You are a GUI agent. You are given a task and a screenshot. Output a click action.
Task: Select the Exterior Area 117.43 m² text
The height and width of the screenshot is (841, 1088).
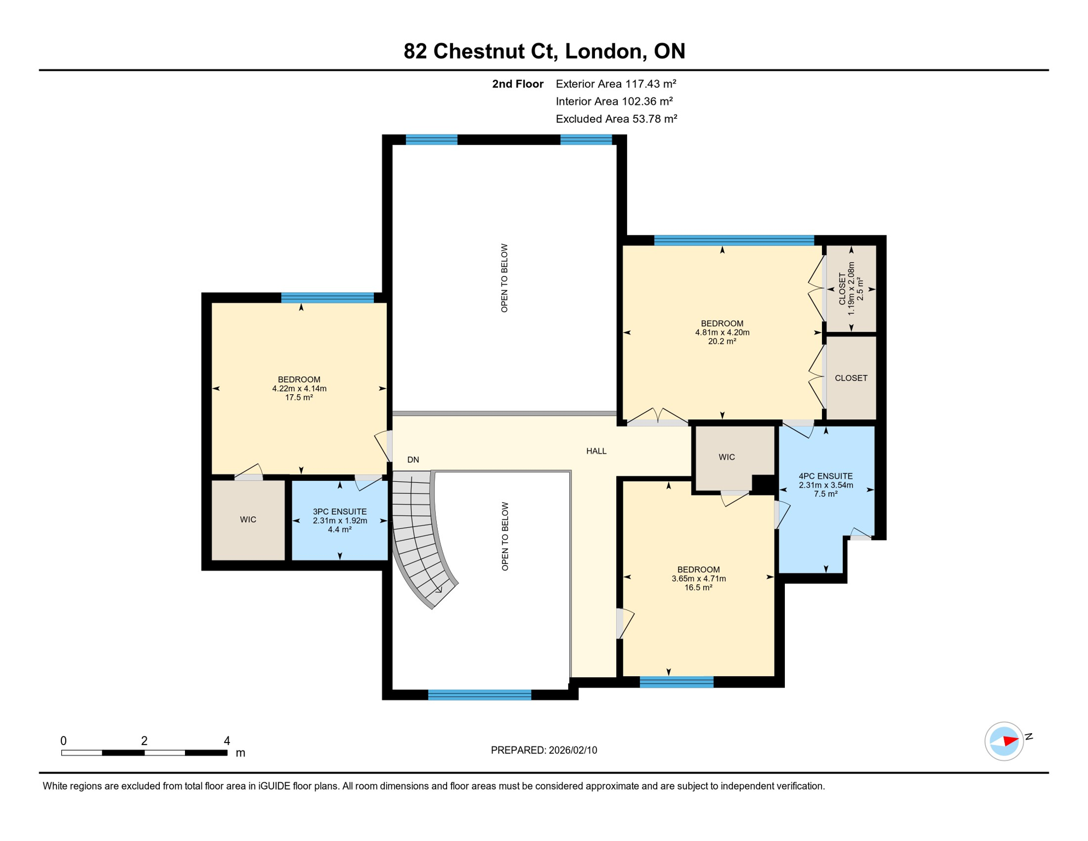(616, 84)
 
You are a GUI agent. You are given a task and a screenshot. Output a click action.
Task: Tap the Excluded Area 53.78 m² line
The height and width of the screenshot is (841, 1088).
(616, 119)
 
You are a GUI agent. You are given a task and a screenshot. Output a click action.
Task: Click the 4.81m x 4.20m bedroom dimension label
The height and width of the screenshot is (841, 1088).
(722, 332)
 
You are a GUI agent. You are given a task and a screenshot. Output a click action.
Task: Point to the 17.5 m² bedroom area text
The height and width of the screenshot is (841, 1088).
(299, 398)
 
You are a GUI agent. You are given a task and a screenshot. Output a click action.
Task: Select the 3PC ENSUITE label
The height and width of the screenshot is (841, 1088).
(339, 511)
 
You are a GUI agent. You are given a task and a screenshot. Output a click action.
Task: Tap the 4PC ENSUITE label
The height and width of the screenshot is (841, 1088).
(825, 476)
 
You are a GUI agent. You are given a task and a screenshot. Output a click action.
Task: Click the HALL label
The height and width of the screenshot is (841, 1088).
(596, 451)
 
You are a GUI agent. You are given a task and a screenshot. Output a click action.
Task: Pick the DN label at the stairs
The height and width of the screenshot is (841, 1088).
(413, 460)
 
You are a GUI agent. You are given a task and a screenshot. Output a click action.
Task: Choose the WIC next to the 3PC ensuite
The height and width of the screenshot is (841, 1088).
(248, 519)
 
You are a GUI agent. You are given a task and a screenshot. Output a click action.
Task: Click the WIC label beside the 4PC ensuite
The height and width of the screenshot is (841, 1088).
(726, 457)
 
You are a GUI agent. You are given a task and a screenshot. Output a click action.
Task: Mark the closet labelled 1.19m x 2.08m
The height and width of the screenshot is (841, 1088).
(850, 289)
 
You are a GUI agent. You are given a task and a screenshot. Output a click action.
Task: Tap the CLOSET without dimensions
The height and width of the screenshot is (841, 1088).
(850, 378)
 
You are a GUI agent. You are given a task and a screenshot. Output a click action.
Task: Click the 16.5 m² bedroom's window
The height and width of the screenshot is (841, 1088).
(676, 682)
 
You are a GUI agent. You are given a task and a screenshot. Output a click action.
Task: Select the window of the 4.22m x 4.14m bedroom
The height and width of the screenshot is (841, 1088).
(327, 298)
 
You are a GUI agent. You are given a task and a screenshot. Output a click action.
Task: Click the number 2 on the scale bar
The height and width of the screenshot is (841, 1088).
(144, 741)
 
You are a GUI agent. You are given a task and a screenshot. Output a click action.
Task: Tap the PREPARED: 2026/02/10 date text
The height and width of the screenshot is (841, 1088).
(543, 750)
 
